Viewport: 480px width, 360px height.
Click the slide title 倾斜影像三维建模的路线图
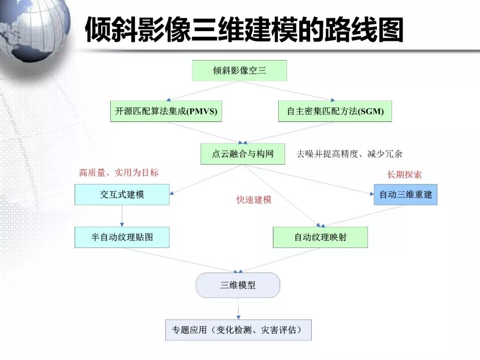point(244,30)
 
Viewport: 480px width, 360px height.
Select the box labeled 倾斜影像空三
point(239,70)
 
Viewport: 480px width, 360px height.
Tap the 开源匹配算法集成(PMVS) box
point(166,111)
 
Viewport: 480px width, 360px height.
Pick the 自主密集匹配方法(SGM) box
point(335,111)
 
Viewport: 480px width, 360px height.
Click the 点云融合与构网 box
point(242,154)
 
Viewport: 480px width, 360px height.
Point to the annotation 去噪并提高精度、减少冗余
point(349,154)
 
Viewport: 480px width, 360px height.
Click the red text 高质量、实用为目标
point(119,172)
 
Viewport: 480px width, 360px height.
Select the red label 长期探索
point(404,175)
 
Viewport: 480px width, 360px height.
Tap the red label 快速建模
point(254,200)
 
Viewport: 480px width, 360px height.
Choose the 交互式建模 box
point(122,195)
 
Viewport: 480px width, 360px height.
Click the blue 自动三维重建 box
point(405,195)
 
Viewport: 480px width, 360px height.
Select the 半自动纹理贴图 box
point(122,237)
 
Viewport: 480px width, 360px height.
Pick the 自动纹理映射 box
point(320,237)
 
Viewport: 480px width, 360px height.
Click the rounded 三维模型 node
point(238,285)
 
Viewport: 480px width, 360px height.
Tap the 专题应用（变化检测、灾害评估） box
point(238,330)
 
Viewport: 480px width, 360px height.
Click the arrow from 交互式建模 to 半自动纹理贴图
point(122,216)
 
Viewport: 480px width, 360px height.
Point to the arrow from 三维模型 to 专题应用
point(238,308)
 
